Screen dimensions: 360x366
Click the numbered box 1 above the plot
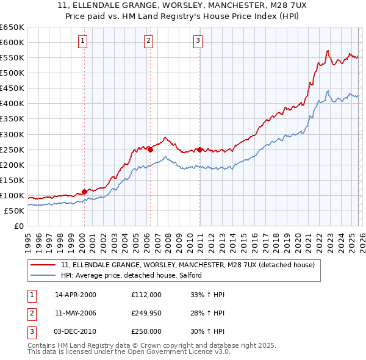(x=82, y=41)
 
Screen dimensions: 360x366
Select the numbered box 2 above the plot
(x=148, y=41)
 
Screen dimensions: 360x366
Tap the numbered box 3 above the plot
(x=198, y=41)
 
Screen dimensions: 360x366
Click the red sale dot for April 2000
(x=84, y=192)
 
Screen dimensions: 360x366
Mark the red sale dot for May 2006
(x=150, y=149)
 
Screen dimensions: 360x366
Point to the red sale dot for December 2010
(x=199, y=149)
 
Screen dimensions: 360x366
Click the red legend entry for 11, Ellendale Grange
(x=187, y=265)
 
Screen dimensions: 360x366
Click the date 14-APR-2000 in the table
(x=75, y=295)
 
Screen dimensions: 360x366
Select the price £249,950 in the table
(x=146, y=313)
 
